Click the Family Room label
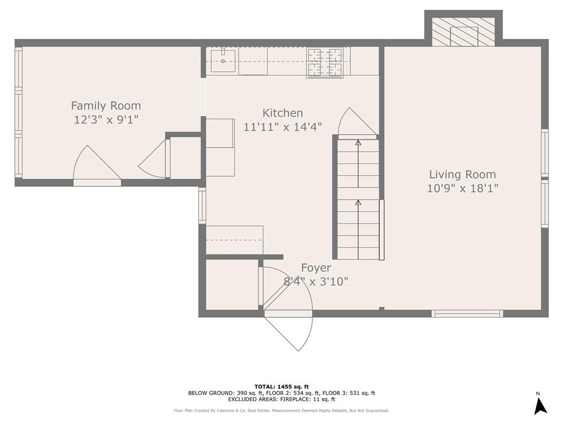point(106,105)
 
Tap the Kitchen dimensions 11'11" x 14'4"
point(283,127)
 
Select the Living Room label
point(462,174)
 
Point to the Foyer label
point(316,268)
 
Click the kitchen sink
point(223,61)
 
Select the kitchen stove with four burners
point(325,62)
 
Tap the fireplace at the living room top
point(463,32)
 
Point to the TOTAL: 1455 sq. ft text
point(281,386)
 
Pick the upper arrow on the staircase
point(358,144)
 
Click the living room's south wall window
point(467,314)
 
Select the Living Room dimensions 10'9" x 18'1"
point(462,188)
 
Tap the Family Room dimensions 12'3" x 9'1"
point(106,119)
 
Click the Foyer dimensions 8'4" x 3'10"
point(316,281)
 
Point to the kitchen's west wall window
point(202,206)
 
